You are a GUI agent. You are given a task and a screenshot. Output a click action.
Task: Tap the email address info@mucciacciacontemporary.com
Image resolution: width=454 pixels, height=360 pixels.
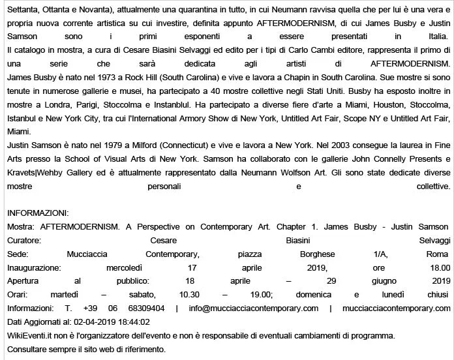254,308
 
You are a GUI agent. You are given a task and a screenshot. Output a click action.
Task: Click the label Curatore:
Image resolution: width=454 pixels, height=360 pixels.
24,240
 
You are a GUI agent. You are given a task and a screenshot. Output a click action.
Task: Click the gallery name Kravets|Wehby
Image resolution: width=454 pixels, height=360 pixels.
38,185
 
